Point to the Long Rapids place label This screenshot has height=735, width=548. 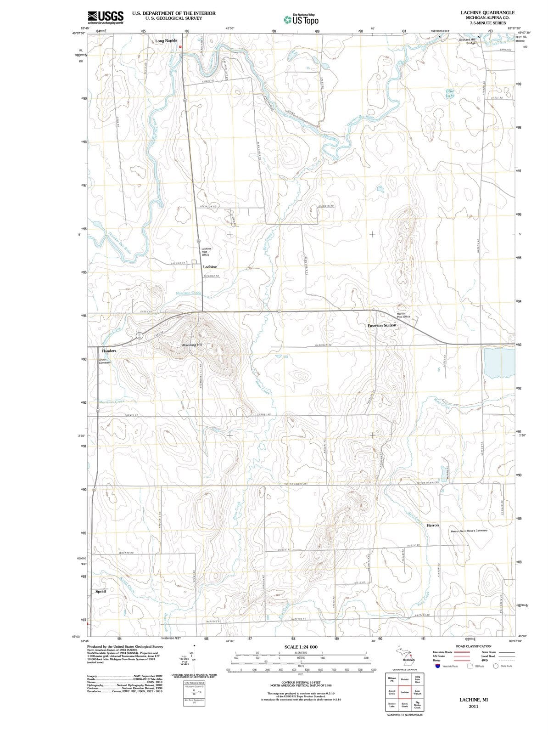click(166, 41)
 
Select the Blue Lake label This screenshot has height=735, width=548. click(450, 93)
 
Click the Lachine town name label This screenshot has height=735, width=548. click(210, 266)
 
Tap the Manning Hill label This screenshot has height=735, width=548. click(192, 345)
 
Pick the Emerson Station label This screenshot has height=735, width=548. click(381, 325)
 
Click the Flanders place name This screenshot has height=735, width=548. click(108, 351)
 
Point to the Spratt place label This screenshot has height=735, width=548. click(101, 591)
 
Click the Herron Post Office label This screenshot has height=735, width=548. click(403, 315)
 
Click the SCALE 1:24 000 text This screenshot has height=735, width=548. click(301, 647)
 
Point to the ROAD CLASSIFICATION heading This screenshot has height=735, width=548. click(473, 646)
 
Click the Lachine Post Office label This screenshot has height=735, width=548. click(206, 252)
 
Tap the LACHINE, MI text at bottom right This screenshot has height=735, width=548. click(473, 700)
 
